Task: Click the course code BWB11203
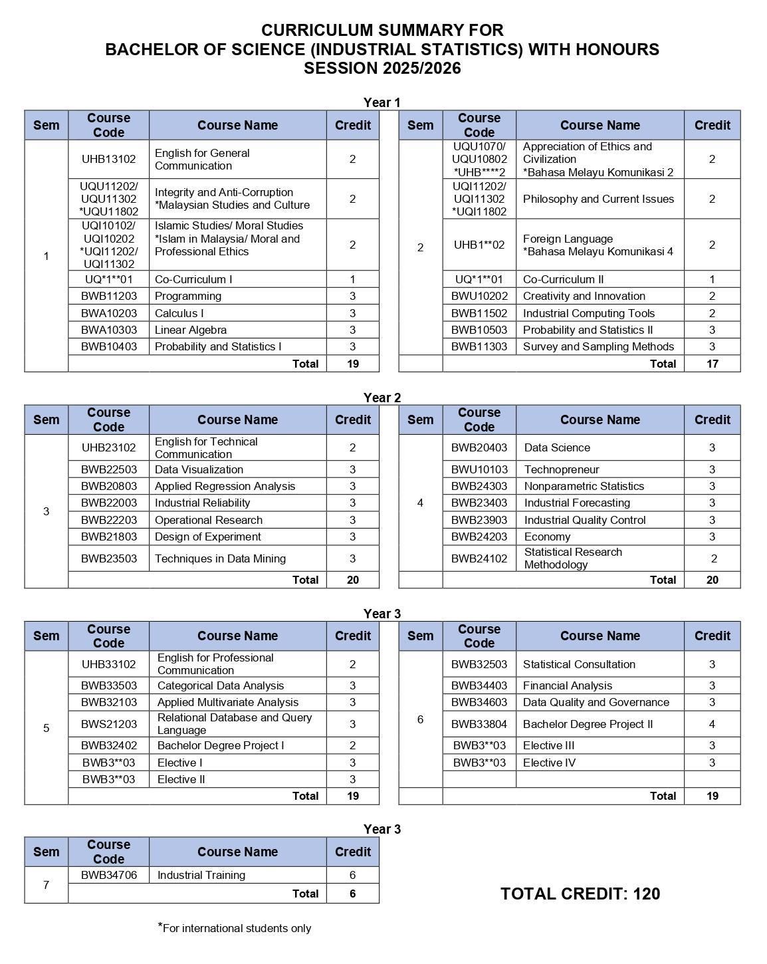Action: [x=108, y=296]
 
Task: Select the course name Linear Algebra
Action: [x=191, y=330]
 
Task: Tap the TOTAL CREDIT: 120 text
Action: [x=580, y=894]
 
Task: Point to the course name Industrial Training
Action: [x=201, y=875]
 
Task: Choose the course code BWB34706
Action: [x=108, y=875]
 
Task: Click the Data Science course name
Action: [x=557, y=447]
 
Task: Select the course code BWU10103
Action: [x=479, y=469]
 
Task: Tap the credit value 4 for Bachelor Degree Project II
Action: [x=712, y=724]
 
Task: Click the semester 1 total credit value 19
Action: [x=352, y=364]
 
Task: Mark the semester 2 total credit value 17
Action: [x=712, y=364]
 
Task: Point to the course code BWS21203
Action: [x=108, y=724]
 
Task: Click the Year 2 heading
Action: [x=382, y=398]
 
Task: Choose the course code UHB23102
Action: [x=108, y=447]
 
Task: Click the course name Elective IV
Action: [x=549, y=763]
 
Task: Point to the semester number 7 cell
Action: [x=46, y=885]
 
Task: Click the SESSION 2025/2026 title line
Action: [x=382, y=68]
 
